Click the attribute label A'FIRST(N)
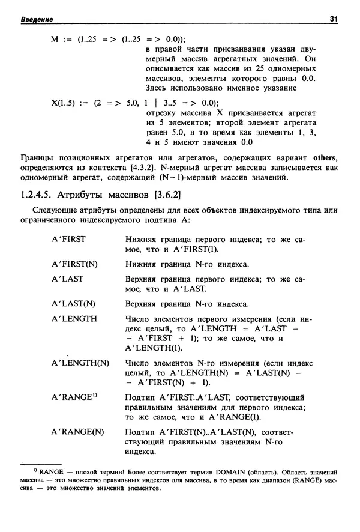[x=74, y=264]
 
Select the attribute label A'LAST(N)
[x=73, y=303]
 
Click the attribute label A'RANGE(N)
[x=77, y=432]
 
